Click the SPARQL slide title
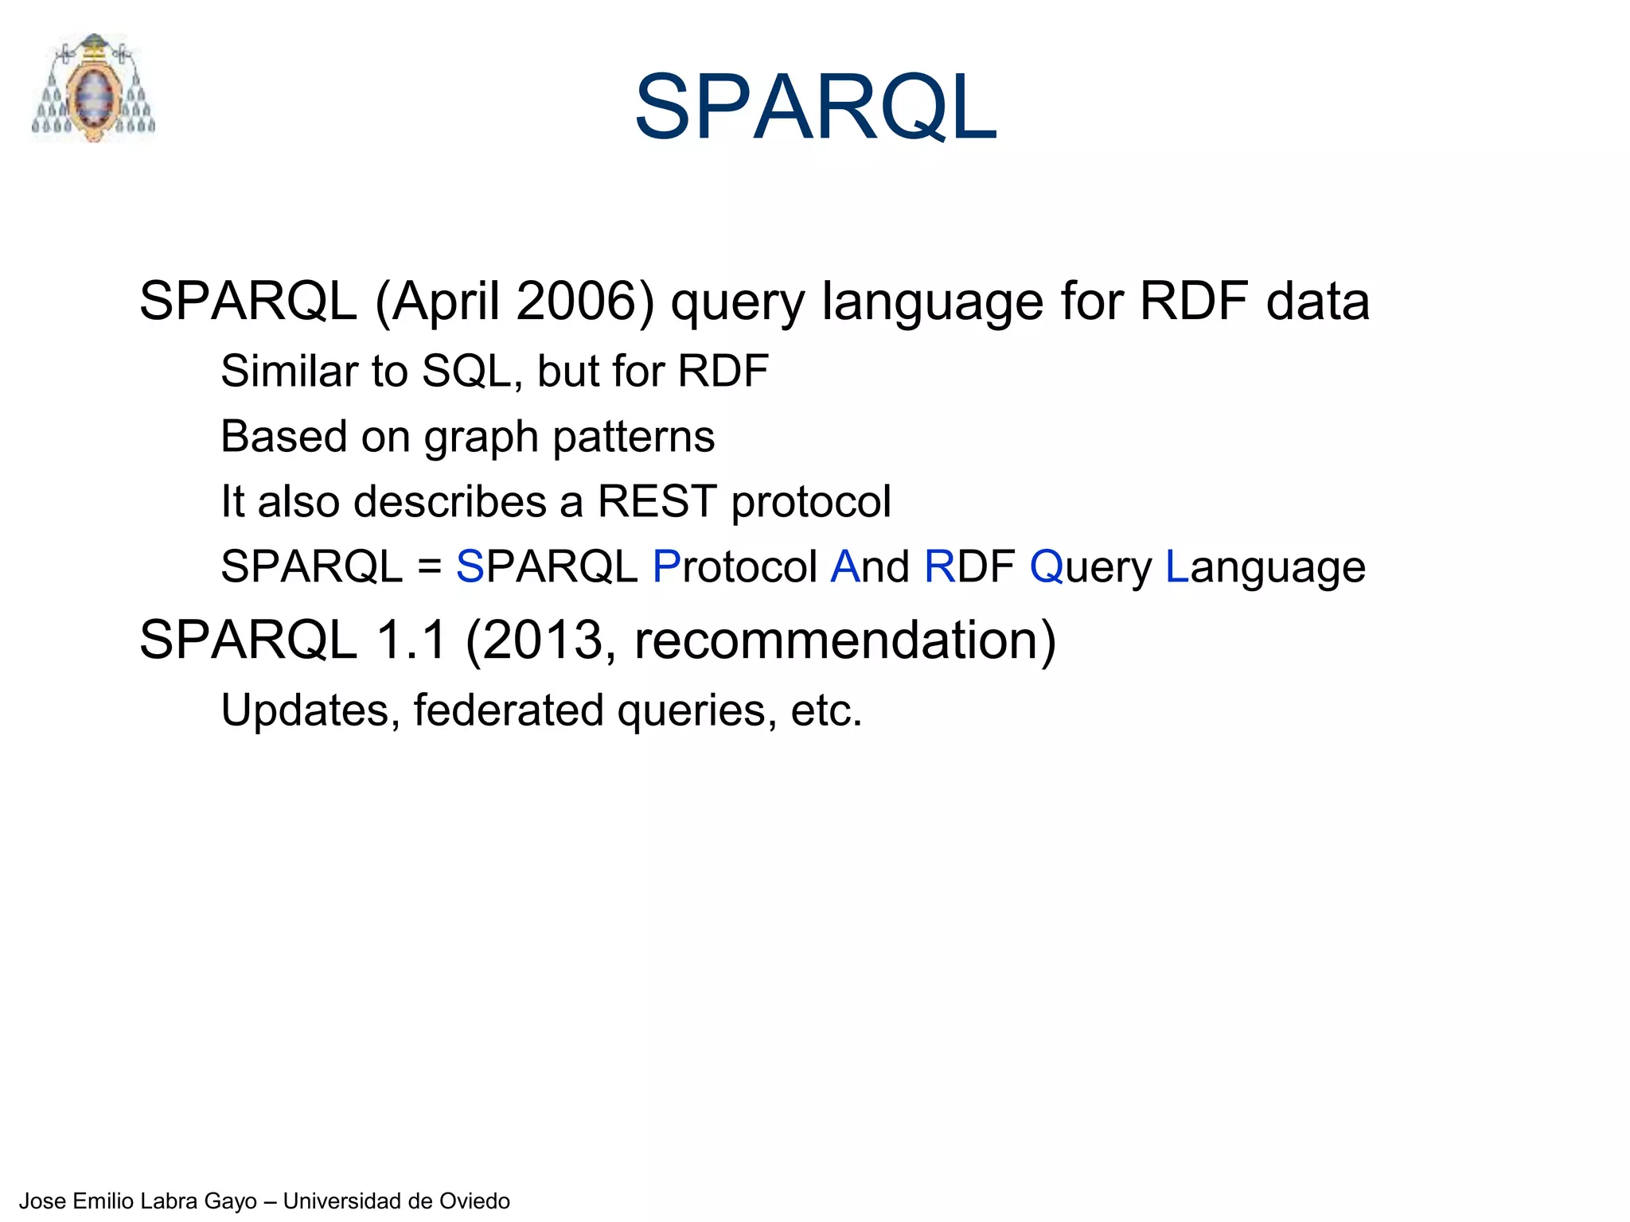pos(815,107)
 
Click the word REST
pos(657,502)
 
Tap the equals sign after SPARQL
pos(429,567)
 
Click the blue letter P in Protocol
pos(666,567)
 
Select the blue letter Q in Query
pos(1046,567)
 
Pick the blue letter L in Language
pos(1176,567)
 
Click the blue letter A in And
pos(844,567)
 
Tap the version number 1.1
pos(411,640)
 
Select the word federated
pos(508,710)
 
